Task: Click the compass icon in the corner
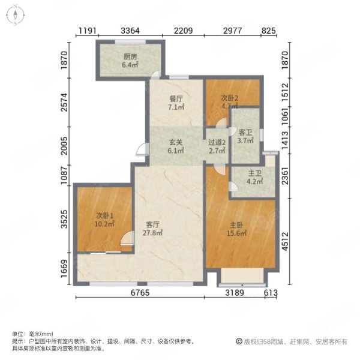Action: point(16,15)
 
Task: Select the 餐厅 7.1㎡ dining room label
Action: point(176,103)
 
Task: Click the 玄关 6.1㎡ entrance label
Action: point(176,146)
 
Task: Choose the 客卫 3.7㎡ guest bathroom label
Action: point(245,136)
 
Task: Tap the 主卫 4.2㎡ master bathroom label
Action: point(254,177)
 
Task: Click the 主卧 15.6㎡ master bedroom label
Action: point(237,229)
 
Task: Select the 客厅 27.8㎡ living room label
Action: point(152,229)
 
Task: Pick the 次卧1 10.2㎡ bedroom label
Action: point(104,220)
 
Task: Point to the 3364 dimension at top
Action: point(130,31)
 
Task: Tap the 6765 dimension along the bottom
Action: point(140,293)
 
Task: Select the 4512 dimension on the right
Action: point(285,241)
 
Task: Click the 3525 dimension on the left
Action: point(65,219)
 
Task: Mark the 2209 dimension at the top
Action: point(183,31)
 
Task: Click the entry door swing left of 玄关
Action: point(142,149)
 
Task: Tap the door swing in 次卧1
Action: point(127,238)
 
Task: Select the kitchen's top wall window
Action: point(130,41)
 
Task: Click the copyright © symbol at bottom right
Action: point(239,341)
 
